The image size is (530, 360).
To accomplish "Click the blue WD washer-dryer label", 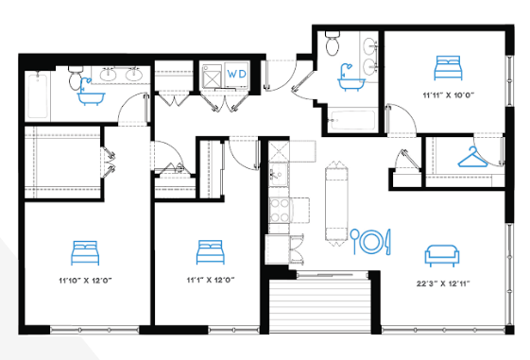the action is coord(236,74).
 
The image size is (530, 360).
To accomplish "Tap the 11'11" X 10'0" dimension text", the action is coord(449,95).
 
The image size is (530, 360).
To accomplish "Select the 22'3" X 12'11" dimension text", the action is coord(443,283).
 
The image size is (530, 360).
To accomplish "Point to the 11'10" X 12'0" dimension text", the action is coord(85,281).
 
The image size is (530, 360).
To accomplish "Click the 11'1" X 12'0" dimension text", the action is coord(211,280).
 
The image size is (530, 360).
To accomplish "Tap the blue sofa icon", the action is coord(442,256).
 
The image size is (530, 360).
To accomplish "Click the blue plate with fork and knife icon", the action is coord(370,241).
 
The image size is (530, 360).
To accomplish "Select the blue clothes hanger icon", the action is coord(472,157).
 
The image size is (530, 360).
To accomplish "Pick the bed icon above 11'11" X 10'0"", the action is coord(448,68).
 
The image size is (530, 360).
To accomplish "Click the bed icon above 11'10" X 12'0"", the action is coord(85,253).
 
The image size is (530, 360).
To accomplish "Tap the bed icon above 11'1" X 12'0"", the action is coord(211,252).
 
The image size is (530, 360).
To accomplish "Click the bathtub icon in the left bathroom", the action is coord(91,92).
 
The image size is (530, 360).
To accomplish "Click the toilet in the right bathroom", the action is coord(333,43).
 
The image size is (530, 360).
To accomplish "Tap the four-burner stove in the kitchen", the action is coord(280,210).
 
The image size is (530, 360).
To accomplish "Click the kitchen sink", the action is coord(278,174).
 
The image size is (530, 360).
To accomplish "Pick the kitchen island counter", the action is coord(336,204).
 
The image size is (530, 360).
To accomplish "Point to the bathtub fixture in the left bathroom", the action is coord(38,95).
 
